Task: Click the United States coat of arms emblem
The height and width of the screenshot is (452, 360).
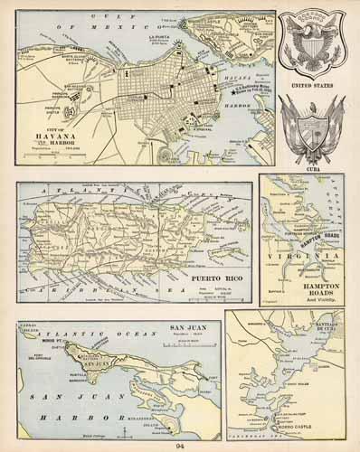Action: pyautogui.click(x=310, y=44)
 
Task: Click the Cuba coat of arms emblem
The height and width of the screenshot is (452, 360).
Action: pyautogui.click(x=310, y=127)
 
